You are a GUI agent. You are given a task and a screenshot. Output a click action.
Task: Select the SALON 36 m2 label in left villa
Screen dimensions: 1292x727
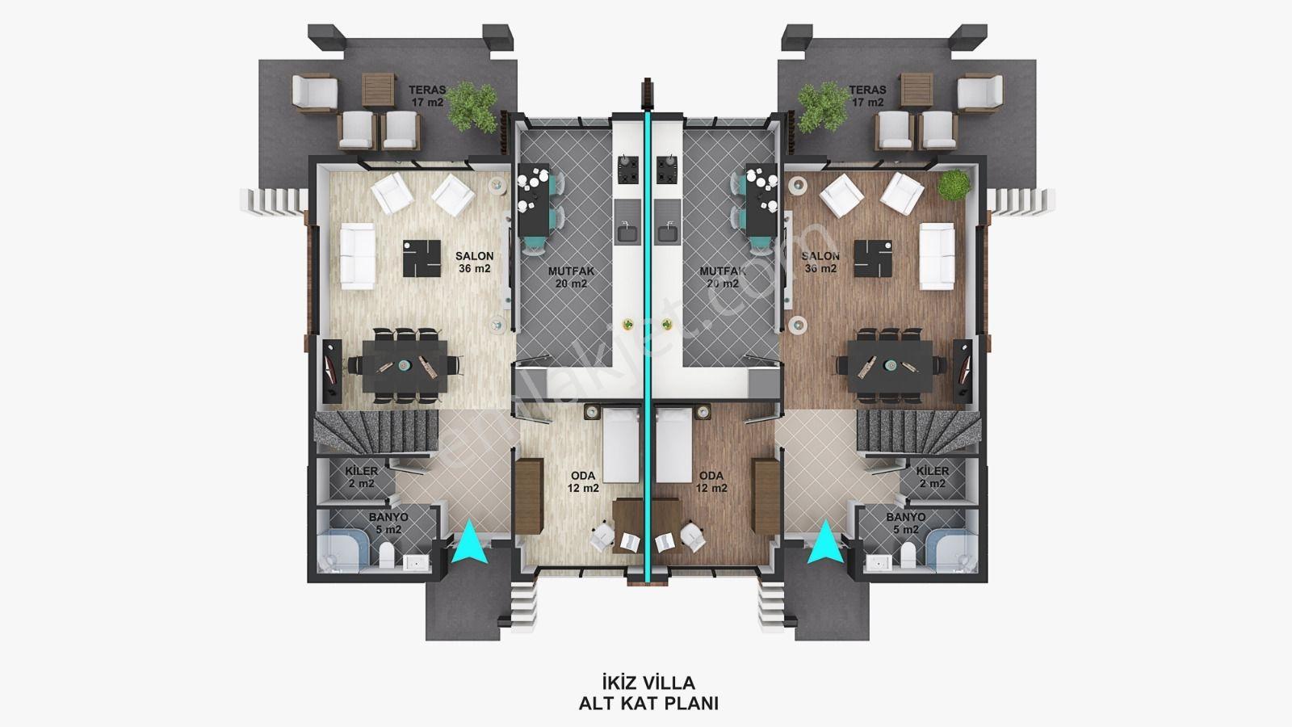tap(474, 262)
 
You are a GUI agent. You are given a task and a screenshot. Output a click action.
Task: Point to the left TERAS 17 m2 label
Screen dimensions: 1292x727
tap(427, 96)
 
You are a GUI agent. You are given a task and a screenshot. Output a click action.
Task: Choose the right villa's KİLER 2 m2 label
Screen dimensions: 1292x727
tap(932, 477)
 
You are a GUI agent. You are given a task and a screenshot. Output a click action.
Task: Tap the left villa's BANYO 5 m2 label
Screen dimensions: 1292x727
tap(388, 523)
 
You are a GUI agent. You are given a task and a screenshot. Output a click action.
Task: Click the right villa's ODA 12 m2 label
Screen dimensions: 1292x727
tap(711, 481)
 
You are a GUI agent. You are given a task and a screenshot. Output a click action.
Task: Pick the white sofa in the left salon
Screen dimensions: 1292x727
tap(358, 256)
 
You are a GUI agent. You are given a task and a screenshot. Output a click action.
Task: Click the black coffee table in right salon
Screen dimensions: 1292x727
tap(873, 258)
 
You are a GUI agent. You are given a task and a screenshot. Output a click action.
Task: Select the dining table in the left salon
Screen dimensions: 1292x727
tap(405, 366)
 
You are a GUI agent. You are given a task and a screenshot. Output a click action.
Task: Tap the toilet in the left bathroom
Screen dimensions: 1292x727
tap(387, 556)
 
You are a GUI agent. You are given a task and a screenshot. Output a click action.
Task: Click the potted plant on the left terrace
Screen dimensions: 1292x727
tap(472, 107)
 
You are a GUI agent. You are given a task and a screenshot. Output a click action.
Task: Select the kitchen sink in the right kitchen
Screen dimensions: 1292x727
tap(669, 229)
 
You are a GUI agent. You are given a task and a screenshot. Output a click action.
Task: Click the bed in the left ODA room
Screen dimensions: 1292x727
tap(621, 445)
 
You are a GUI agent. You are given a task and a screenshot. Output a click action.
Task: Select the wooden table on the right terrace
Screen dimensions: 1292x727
tap(917, 90)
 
